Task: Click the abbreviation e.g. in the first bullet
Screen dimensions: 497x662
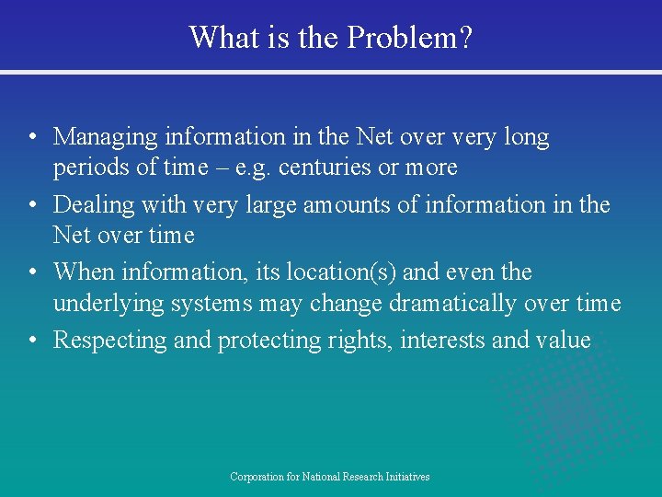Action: [x=253, y=168]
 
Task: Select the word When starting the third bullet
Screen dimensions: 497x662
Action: [x=86, y=272]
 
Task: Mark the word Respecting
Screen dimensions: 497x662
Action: [x=110, y=340]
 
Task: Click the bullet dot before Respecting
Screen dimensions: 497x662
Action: [x=32, y=341]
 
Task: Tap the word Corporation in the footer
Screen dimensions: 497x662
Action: [x=256, y=477]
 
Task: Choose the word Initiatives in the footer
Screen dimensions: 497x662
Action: [x=406, y=477]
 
